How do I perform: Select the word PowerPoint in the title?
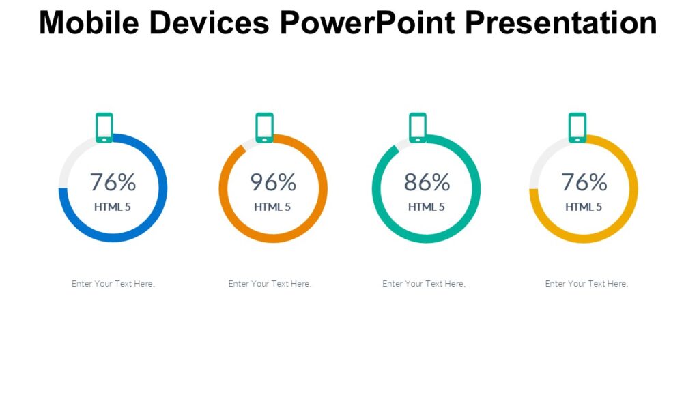click(367, 23)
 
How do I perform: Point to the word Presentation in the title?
click(560, 23)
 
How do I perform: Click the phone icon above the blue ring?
click(104, 128)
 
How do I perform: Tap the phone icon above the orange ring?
click(264, 128)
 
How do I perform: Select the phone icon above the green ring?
click(418, 128)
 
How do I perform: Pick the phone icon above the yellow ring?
click(577, 128)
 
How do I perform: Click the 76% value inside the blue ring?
click(113, 182)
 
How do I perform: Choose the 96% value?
click(273, 182)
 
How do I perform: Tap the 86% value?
click(427, 182)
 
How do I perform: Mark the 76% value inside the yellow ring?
click(584, 182)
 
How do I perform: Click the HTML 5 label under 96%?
click(272, 207)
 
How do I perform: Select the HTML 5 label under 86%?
click(427, 207)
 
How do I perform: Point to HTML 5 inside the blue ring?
click(113, 207)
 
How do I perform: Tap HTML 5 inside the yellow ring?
click(584, 207)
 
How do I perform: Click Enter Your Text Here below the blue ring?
click(113, 284)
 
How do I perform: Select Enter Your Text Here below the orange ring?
click(270, 284)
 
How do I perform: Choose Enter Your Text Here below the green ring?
click(424, 284)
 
